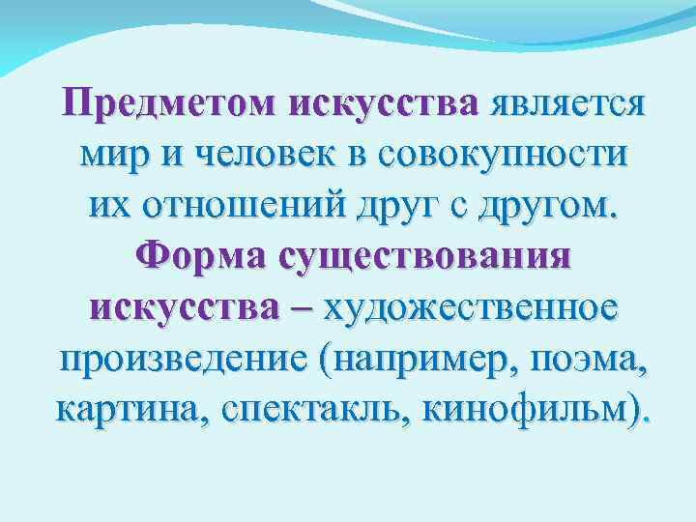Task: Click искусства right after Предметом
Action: pos(391,101)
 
